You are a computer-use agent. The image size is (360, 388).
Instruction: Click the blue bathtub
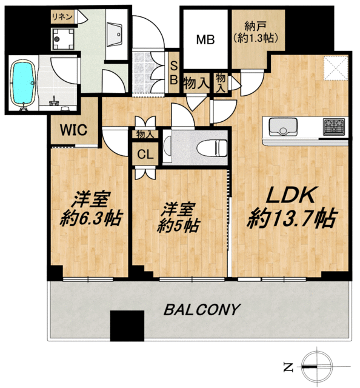(x=23, y=84)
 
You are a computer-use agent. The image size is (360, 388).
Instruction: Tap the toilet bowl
(x=212, y=148)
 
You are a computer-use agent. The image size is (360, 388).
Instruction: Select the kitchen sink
(x=283, y=127)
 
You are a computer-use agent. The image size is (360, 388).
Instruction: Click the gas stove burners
(x=334, y=127)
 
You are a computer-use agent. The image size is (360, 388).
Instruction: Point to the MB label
(x=205, y=39)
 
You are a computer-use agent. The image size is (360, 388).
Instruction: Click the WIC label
(x=74, y=130)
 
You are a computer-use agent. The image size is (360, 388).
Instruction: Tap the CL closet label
(x=145, y=155)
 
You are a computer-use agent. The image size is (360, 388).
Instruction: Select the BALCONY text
(x=202, y=309)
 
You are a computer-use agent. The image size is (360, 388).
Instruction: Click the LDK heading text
(x=292, y=195)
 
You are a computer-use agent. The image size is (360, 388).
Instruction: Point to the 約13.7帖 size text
(x=292, y=218)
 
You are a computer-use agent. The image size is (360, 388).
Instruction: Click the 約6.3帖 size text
(x=91, y=218)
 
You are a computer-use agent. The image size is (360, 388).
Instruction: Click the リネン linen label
(x=62, y=17)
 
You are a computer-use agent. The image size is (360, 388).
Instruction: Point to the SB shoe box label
(x=174, y=73)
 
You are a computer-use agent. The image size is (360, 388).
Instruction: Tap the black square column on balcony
(x=127, y=326)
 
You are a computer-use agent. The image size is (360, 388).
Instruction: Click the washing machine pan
(x=64, y=39)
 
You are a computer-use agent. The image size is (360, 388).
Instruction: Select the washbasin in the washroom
(x=115, y=34)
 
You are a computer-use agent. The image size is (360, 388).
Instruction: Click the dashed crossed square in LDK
(x=336, y=68)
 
